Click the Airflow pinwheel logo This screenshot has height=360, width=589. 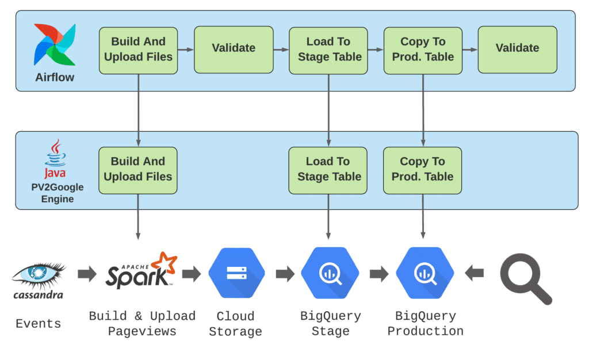pos(55,45)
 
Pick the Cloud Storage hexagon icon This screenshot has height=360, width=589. pos(236,273)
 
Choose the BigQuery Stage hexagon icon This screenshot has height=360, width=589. pos(330,273)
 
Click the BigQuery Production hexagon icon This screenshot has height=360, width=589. pos(425,273)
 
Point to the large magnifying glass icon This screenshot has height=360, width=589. pos(526,278)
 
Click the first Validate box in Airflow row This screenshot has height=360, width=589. pos(234,49)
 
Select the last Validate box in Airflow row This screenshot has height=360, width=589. pos(517,49)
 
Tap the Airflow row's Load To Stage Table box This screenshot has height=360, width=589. pos(328,50)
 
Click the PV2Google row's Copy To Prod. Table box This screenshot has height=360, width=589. pos(422,170)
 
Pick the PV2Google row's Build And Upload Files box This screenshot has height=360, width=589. pos(138,170)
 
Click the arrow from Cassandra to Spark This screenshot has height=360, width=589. pos(87,274)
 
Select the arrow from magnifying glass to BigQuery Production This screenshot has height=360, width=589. pos(475,273)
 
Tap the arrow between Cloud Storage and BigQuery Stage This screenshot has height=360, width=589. pos(285,274)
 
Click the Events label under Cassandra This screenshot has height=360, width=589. pos(39,324)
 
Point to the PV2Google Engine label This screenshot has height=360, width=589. pos(58,193)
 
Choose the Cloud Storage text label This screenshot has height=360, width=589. pos(235,324)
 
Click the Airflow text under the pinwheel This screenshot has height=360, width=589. pos(55,77)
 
